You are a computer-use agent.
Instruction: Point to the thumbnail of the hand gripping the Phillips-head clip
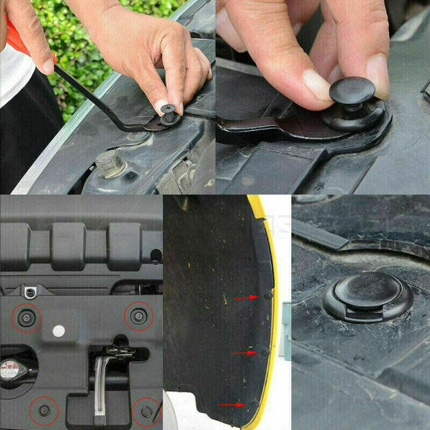point(162,104)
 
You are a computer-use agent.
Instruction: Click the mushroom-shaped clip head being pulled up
point(352,90)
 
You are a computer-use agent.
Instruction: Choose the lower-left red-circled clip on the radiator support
point(44,410)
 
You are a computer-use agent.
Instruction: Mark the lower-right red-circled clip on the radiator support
point(146,411)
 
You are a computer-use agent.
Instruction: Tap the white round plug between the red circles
point(59,331)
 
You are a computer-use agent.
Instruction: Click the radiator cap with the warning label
point(12,371)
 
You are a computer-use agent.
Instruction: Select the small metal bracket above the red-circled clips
point(30,292)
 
